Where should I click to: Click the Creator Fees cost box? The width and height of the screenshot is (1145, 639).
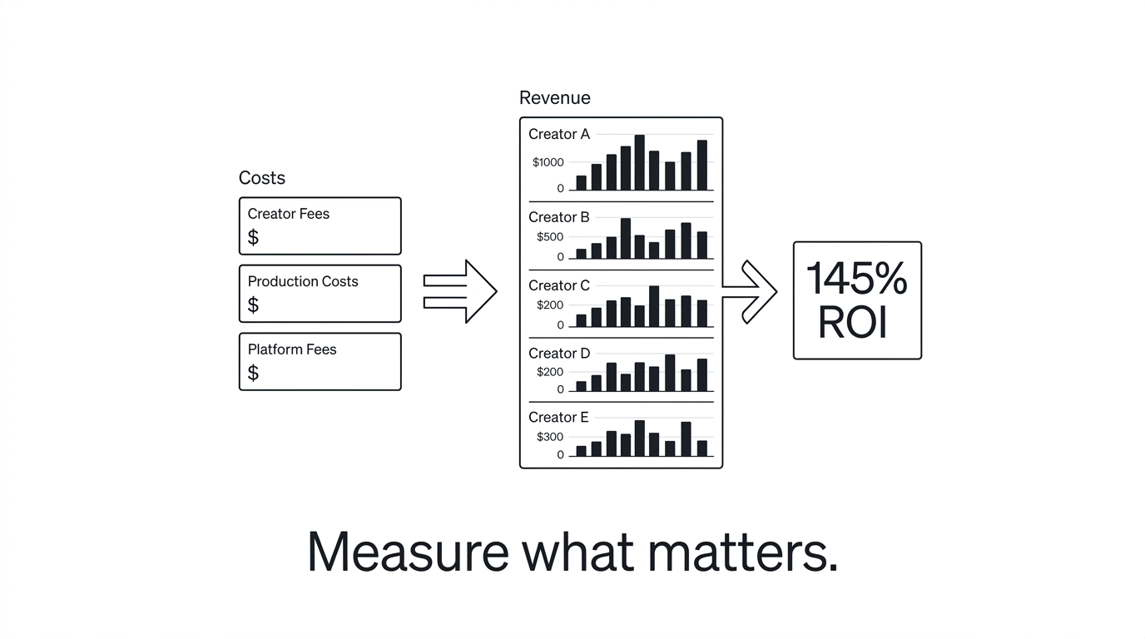click(320, 225)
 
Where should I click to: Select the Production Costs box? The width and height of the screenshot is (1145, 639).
click(320, 294)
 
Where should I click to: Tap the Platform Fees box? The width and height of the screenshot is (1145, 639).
click(320, 362)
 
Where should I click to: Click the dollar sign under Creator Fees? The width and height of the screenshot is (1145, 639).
click(254, 238)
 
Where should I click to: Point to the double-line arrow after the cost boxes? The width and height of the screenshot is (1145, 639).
click(460, 291)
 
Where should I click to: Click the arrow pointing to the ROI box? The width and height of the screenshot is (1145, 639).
click(751, 292)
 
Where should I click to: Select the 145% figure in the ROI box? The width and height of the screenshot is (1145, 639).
click(857, 279)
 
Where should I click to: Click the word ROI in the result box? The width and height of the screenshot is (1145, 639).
click(853, 323)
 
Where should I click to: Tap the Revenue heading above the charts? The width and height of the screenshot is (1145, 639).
click(555, 97)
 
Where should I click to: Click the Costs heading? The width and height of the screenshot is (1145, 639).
click(262, 178)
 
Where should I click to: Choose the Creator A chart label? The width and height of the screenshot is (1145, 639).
click(559, 134)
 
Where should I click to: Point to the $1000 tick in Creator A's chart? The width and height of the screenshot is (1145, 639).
click(548, 162)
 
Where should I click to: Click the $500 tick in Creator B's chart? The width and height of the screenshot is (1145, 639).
click(550, 237)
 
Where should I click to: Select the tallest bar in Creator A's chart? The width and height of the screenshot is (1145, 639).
click(639, 162)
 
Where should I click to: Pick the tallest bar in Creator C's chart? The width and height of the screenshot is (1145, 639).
click(654, 306)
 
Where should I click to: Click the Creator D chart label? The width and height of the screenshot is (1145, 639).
click(559, 354)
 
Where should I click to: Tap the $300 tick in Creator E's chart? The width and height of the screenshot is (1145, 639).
click(550, 437)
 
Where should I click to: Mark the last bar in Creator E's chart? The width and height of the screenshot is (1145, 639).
click(701, 448)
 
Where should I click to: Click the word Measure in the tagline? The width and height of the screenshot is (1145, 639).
click(408, 551)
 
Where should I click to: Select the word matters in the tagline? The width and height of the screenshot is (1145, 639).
click(751, 551)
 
